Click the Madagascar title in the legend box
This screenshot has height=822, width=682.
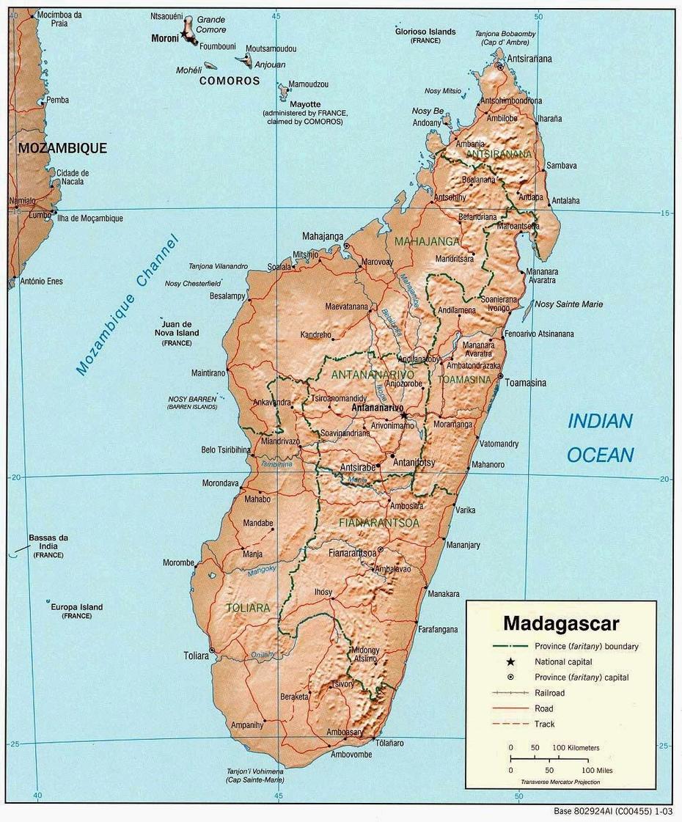561,624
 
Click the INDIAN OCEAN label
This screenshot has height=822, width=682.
600,438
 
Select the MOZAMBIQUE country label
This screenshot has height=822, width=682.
62,148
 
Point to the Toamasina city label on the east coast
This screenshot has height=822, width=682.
526,383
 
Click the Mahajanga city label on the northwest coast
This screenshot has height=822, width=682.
323,236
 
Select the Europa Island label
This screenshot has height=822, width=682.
76,607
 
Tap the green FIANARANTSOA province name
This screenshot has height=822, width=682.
379,523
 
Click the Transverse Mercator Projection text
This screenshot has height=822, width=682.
560,782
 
